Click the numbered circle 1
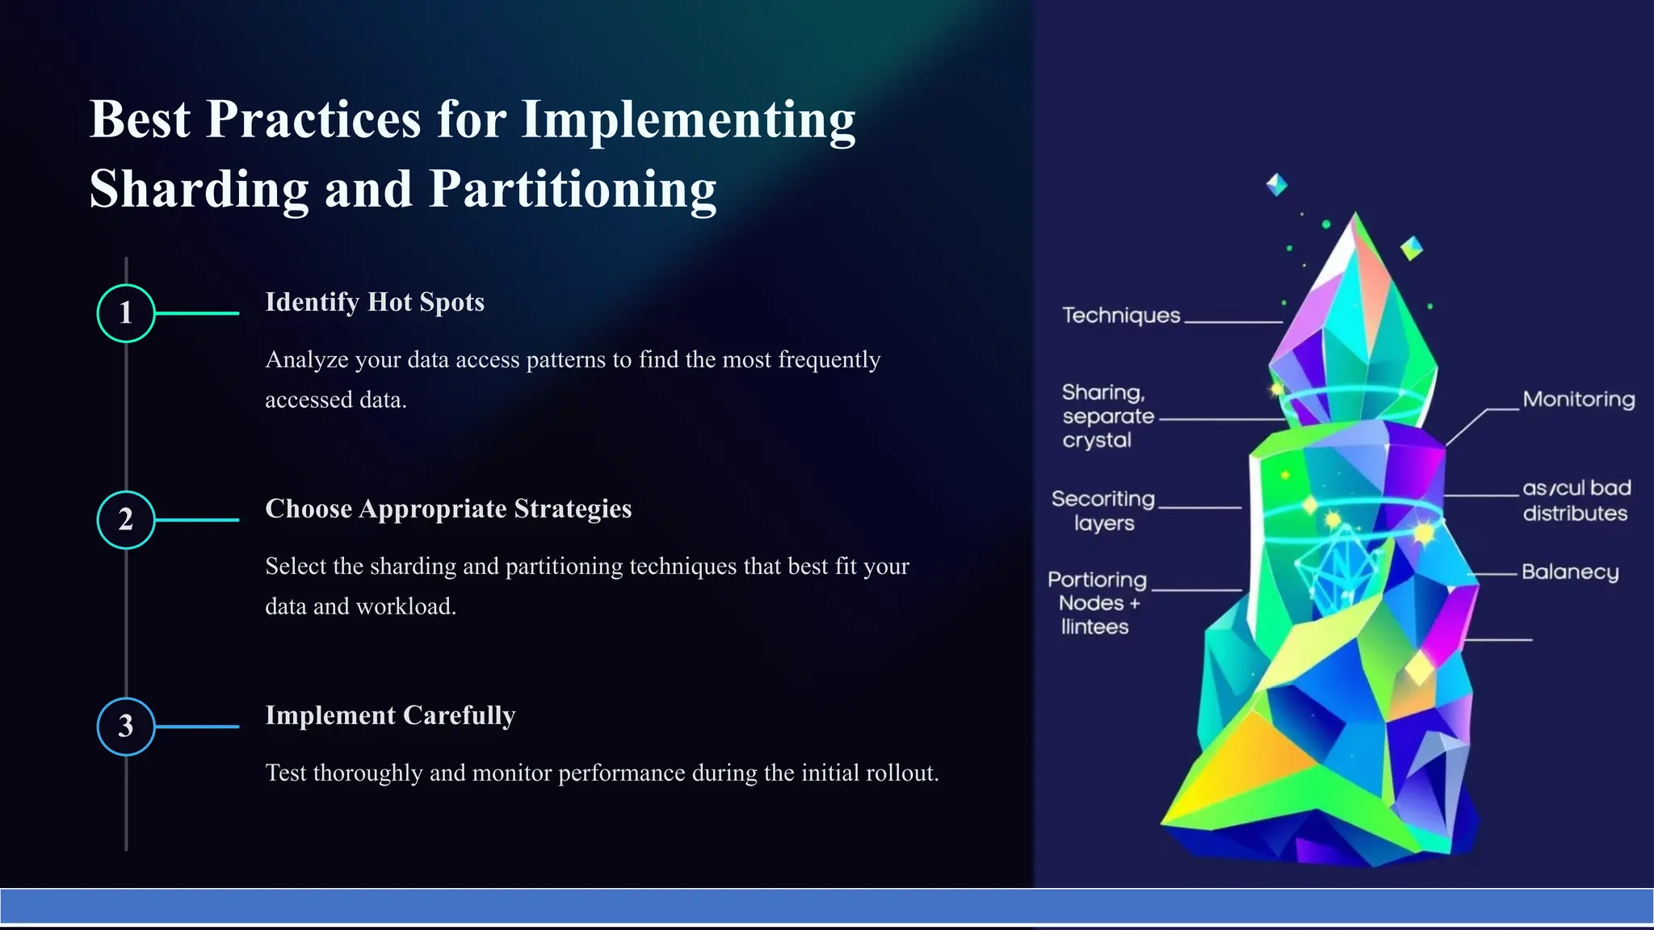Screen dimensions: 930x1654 [x=126, y=313]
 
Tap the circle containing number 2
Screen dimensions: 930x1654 [x=126, y=520]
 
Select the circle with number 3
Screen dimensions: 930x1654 [x=126, y=727]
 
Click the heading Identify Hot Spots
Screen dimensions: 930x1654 [x=375, y=302]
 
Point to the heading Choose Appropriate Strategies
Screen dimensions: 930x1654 [x=448, y=509]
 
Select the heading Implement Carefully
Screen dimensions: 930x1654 [x=390, y=715]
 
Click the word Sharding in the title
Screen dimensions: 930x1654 [x=199, y=189]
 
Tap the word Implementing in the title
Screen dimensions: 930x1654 [x=688, y=119]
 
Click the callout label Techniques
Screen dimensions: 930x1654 [x=1121, y=316]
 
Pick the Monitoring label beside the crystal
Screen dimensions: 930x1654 [x=1578, y=400]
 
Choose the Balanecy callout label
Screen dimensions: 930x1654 [x=1570, y=572]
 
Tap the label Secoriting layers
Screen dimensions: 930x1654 [x=1103, y=511]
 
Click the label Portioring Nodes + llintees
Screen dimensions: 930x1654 [x=1097, y=603]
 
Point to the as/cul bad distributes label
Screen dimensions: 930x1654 [x=1576, y=501]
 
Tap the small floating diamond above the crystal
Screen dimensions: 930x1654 [x=1277, y=185]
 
